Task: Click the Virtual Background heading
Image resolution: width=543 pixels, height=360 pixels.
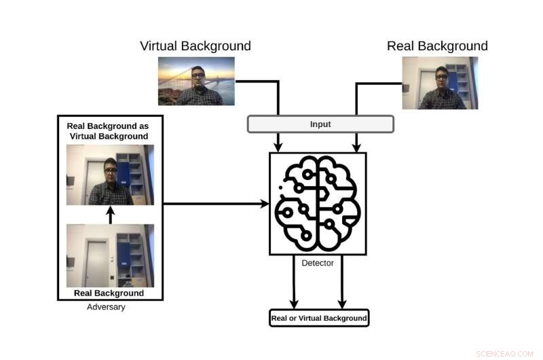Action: pos(195,46)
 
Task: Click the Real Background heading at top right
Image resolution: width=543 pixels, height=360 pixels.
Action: pos(437,46)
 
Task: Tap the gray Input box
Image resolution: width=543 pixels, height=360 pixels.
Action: pos(320,124)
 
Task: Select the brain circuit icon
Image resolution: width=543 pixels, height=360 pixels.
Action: pos(318,203)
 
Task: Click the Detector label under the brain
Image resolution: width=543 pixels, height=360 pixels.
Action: pos(318,263)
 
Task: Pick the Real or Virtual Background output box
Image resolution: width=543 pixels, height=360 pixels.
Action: pos(319,318)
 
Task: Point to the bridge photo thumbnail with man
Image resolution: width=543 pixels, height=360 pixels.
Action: pos(196,81)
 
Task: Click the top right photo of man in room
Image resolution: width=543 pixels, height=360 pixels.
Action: pos(440,83)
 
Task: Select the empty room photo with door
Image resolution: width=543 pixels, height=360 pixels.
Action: pos(110,256)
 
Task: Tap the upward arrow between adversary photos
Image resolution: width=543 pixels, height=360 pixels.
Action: pos(111,215)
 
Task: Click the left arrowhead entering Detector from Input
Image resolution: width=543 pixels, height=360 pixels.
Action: pos(278,145)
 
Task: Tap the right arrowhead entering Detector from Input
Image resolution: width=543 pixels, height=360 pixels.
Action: pos(355,145)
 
